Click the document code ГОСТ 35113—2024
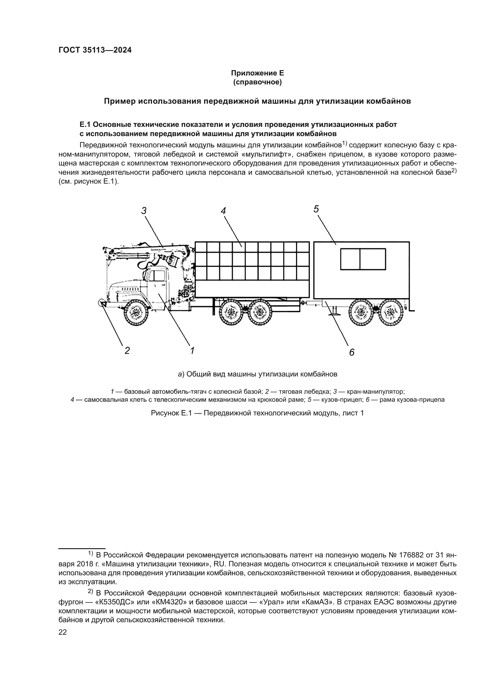tap(95, 50)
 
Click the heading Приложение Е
tap(257, 73)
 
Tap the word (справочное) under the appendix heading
tap(257, 82)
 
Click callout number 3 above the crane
tap(144, 211)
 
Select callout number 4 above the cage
tap(223, 211)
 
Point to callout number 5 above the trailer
tap(316, 209)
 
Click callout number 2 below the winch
tap(127, 351)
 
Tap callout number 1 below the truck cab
tap(192, 351)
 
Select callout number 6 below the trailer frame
tap(351, 352)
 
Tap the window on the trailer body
tap(363, 259)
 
